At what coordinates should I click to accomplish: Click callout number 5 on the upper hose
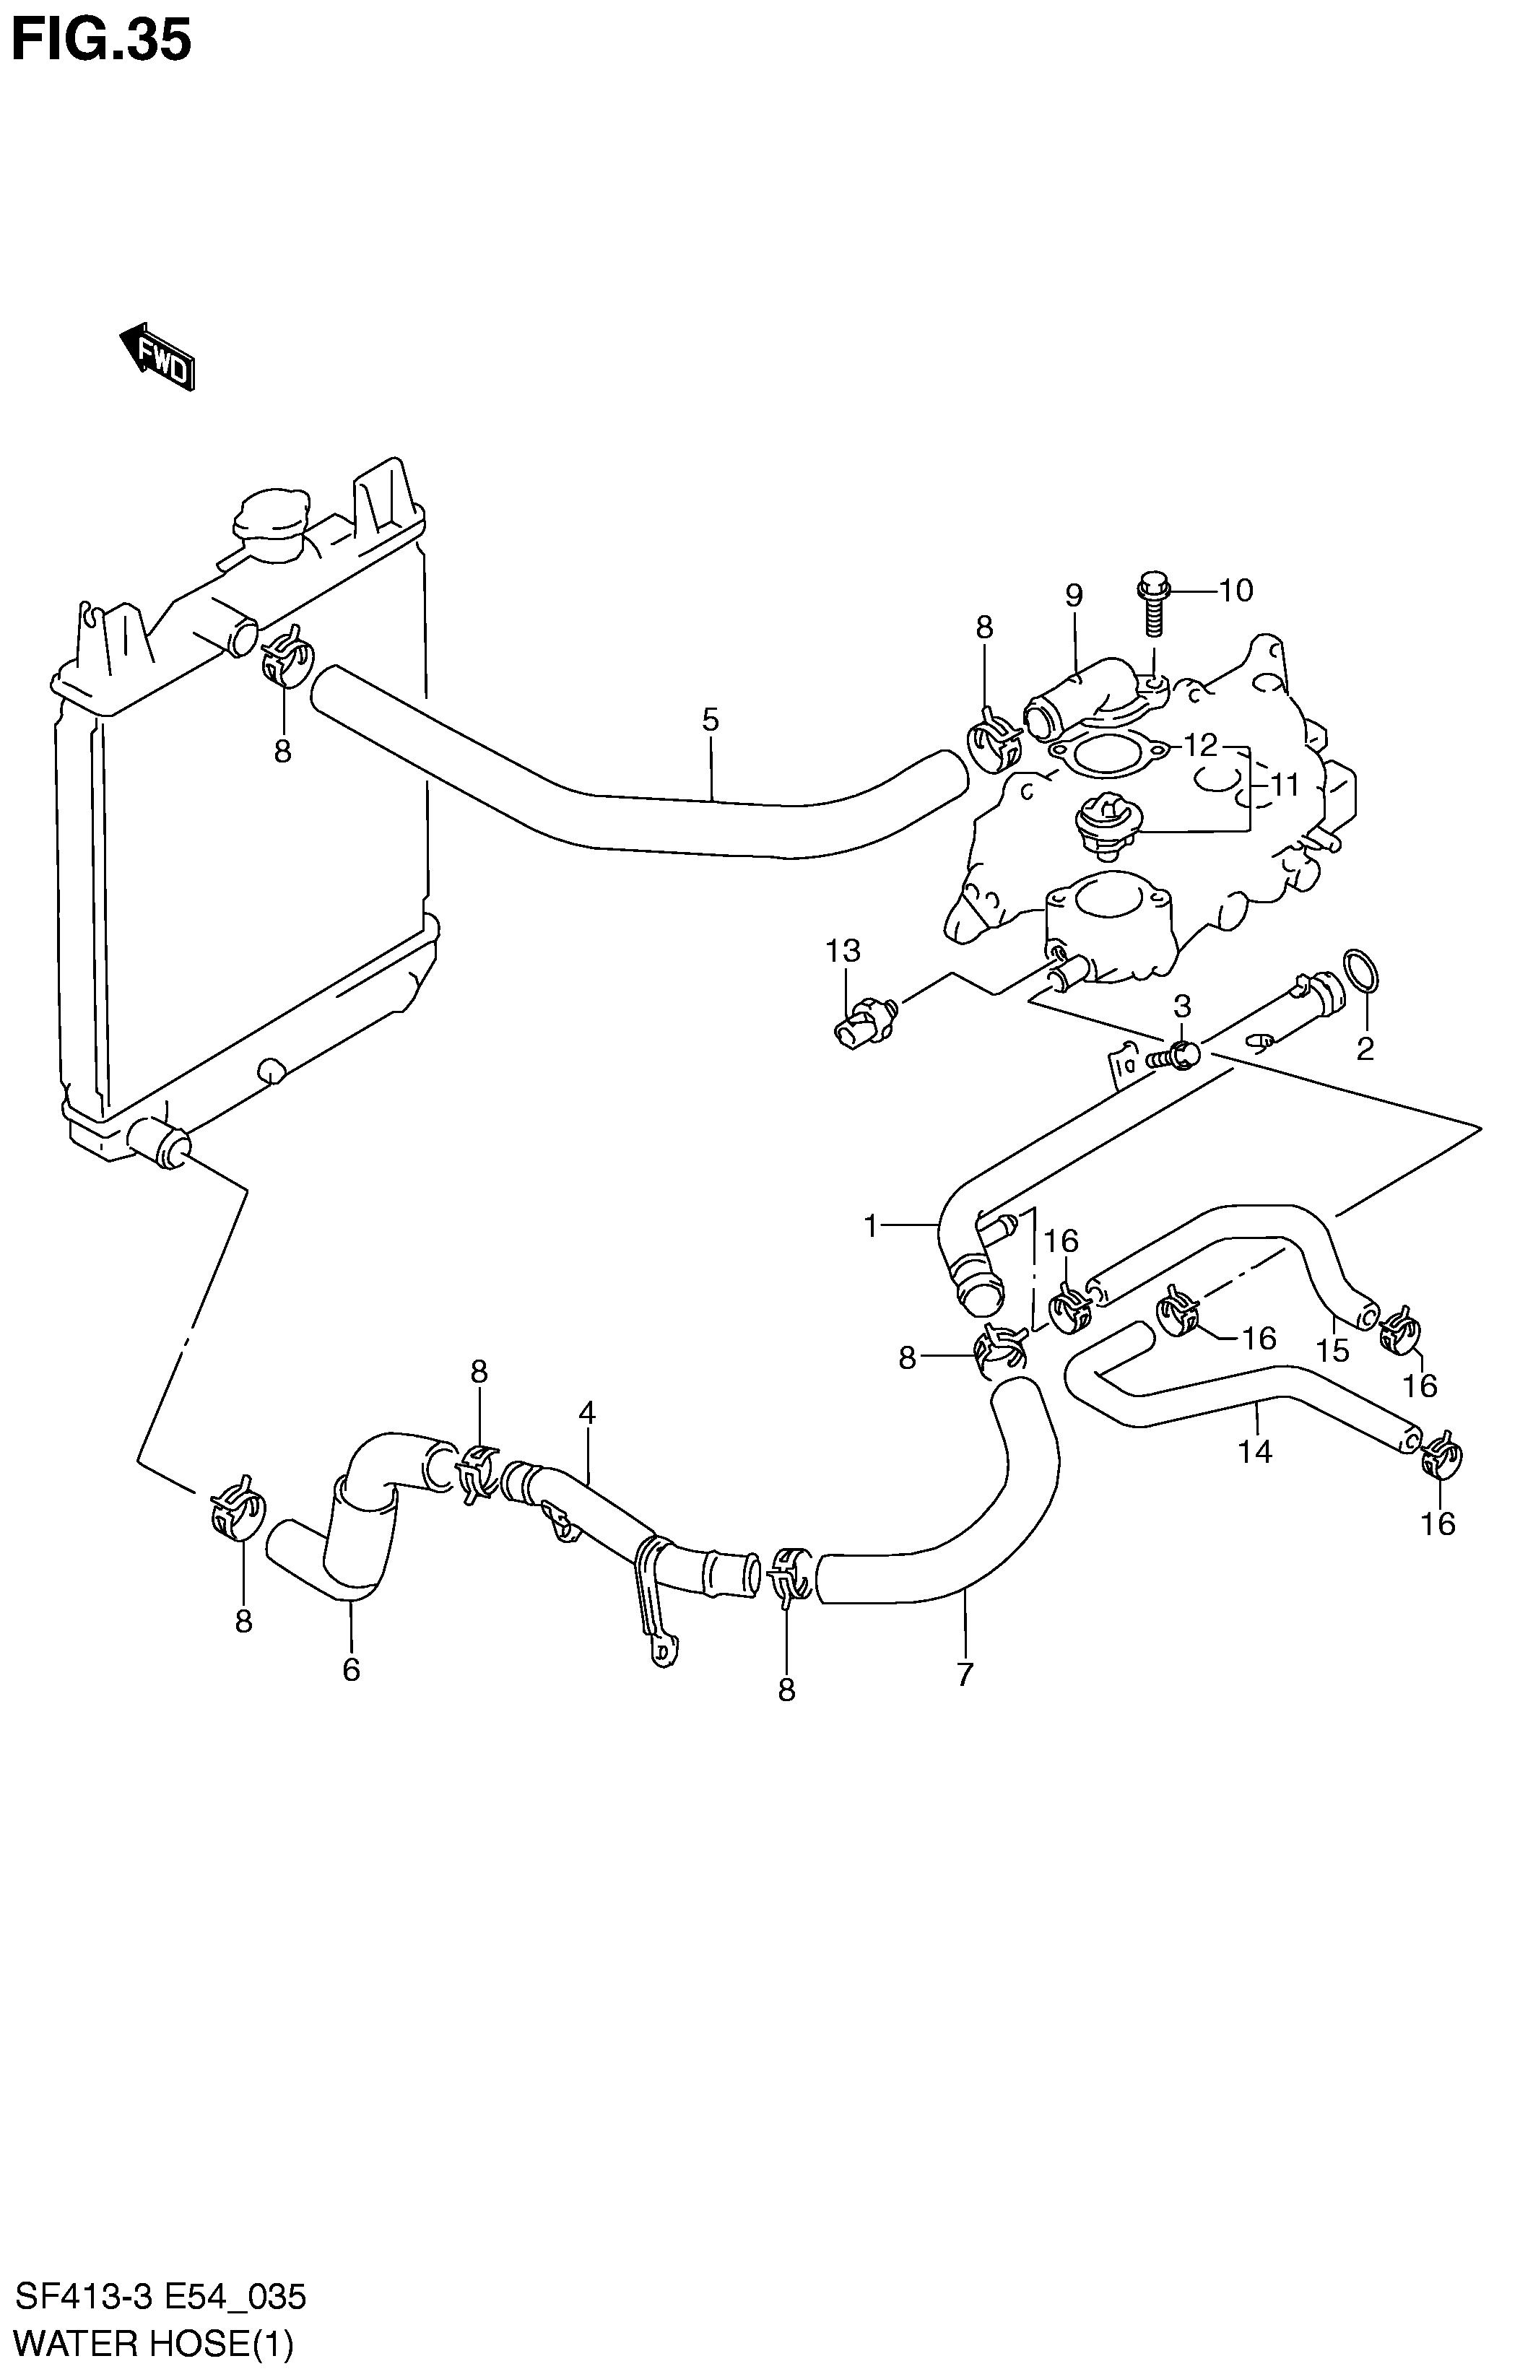tap(711, 719)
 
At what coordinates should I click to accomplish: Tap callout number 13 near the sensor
tap(844, 951)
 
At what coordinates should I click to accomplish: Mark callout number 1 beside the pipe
tap(871, 1227)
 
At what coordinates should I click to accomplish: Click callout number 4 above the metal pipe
tap(587, 1413)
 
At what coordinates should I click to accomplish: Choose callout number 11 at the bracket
tap(1284, 786)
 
